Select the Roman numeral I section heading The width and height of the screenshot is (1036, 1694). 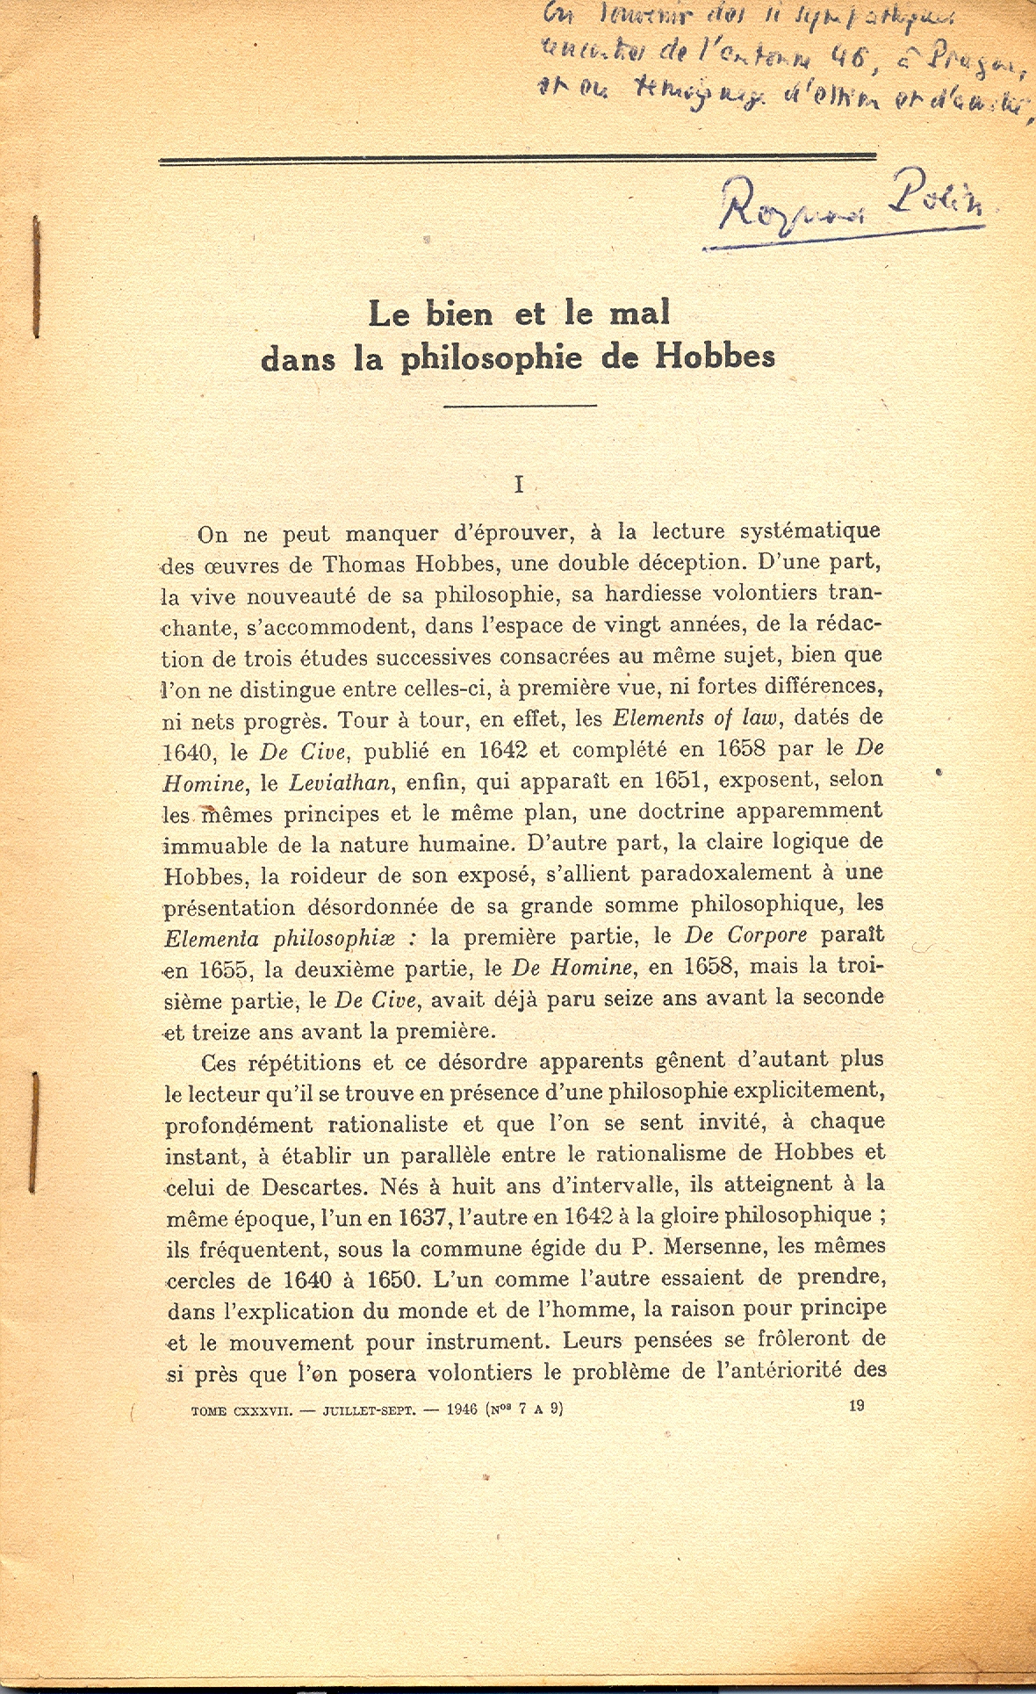click(519, 485)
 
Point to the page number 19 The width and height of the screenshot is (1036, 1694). click(857, 1405)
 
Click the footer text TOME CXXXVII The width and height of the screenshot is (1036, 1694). click(241, 1410)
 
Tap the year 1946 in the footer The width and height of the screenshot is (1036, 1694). click(462, 1409)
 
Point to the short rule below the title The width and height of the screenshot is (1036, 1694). click(521, 405)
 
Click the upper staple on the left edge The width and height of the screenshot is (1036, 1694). click(36, 277)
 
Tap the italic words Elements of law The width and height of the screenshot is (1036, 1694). click(694, 718)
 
